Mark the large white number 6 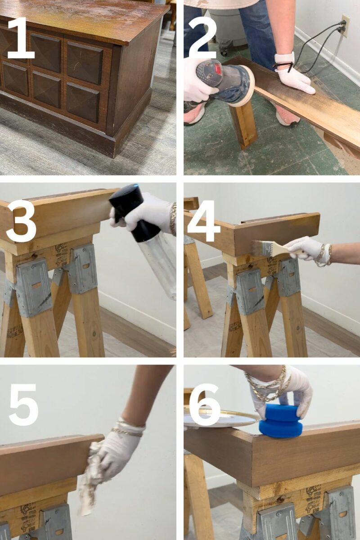pyautogui.click(x=205, y=404)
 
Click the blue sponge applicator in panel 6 pyautogui.click(x=280, y=420)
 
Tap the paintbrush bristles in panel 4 pyautogui.click(x=261, y=247)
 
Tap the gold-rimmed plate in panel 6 pyautogui.click(x=220, y=418)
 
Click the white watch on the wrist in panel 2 pyautogui.click(x=285, y=59)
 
